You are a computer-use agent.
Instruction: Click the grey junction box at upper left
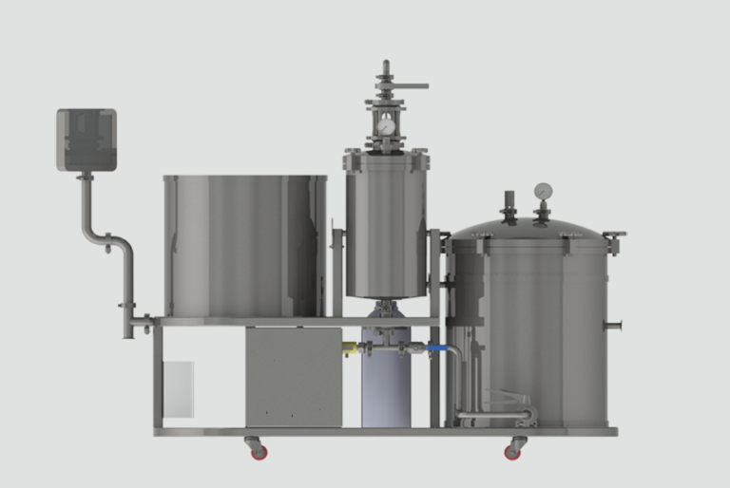pyautogui.click(x=86, y=141)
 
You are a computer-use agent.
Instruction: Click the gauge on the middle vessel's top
pyautogui.click(x=385, y=125)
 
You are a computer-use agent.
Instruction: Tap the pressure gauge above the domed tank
pyautogui.click(x=543, y=191)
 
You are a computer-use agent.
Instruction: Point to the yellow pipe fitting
pyautogui.click(x=350, y=349)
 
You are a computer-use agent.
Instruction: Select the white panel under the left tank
pyautogui.click(x=180, y=388)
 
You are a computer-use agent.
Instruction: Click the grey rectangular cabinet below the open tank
pyautogui.click(x=294, y=376)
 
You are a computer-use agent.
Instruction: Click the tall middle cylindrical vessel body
pyautogui.click(x=386, y=233)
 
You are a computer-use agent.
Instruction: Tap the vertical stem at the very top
pyautogui.click(x=386, y=72)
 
